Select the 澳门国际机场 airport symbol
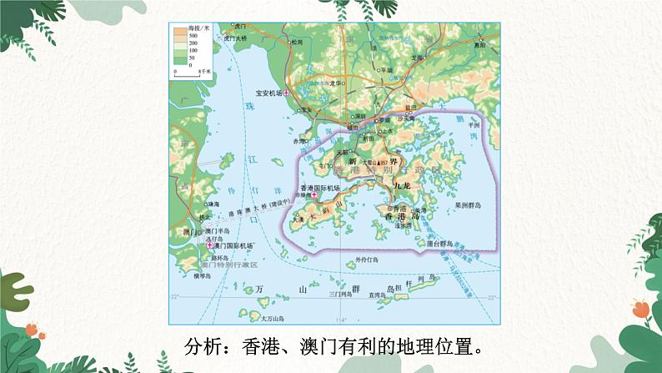tap(210, 245)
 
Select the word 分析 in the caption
tap(201, 345)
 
